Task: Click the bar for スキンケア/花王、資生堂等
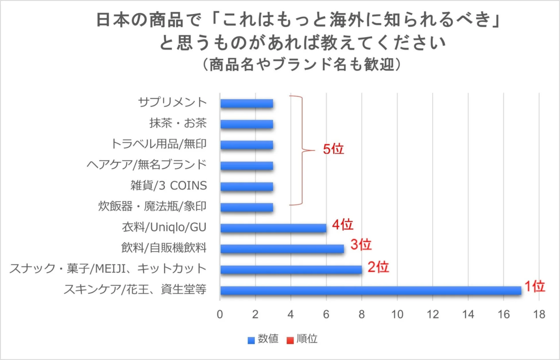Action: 371,290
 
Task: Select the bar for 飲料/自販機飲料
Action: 282,249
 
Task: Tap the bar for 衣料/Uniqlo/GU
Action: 273,228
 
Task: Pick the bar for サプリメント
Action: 246,103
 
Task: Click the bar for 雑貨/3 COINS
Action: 246,186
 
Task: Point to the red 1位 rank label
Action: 534,286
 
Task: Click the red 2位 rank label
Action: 378,268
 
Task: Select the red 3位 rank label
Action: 360,245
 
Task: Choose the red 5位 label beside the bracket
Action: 333,150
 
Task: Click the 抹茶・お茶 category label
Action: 178,123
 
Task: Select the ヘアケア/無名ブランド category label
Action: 147,165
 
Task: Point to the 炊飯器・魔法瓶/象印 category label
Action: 153,207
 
